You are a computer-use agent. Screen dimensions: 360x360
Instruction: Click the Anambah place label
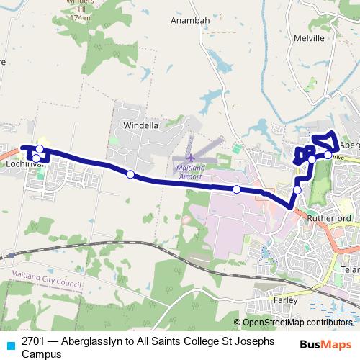188,20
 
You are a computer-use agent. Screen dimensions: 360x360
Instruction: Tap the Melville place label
310,38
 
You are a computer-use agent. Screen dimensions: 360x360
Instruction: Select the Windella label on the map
140,125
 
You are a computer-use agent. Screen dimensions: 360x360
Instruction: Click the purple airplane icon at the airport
190,158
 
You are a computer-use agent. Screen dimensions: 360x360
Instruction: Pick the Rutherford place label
328,217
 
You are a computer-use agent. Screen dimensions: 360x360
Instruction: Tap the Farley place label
285,297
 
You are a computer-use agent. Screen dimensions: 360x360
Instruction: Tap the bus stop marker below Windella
130,174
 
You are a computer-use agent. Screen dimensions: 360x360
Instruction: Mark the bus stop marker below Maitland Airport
236,189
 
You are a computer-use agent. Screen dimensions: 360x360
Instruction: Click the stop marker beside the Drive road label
328,155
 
